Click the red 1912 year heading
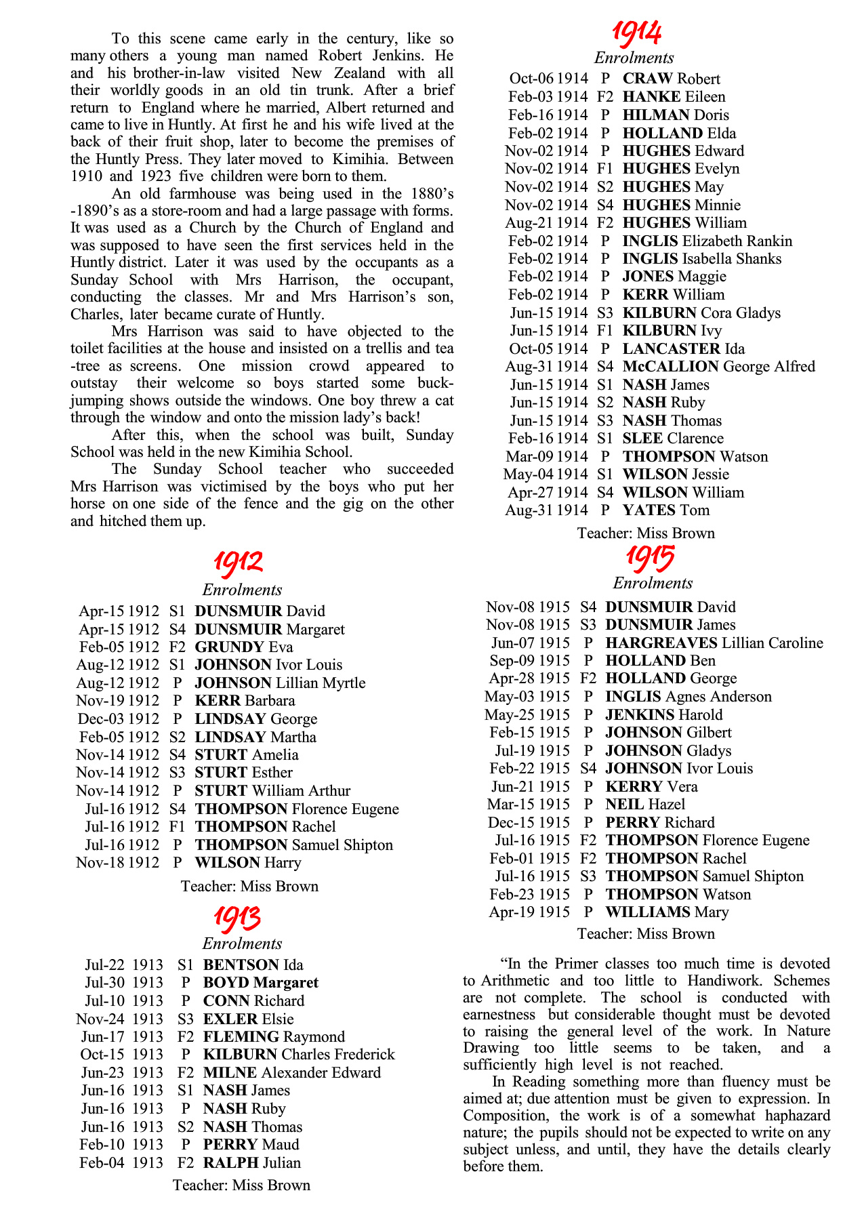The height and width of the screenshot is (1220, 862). [x=239, y=562]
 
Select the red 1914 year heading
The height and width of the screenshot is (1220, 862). [x=636, y=32]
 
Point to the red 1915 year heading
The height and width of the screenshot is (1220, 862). [x=650, y=558]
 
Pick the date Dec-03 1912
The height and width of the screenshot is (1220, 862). [x=119, y=719]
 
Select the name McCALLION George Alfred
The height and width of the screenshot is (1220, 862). [x=718, y=367]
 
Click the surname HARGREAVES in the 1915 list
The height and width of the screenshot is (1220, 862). [x=661, y=643]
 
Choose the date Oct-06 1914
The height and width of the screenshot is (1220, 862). [x=549, y=79]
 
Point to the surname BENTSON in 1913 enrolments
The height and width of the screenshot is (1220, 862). [x=241, y=965]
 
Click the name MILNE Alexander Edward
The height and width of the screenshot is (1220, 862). [x=291, y=1073]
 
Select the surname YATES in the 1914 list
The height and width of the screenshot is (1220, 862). [x=649, y=510]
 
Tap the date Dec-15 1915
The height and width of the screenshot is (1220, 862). [x=529, y=823]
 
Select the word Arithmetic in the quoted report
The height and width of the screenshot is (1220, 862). [x=516, y=981]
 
